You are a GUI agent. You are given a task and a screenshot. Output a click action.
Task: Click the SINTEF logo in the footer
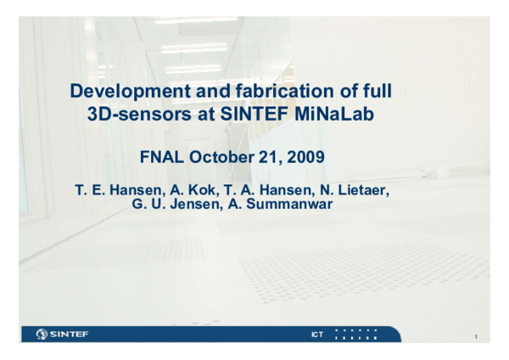coord(63,335)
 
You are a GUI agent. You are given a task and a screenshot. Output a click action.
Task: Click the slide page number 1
coord(476,338)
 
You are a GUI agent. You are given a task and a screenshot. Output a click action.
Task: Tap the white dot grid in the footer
coord(355,335)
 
